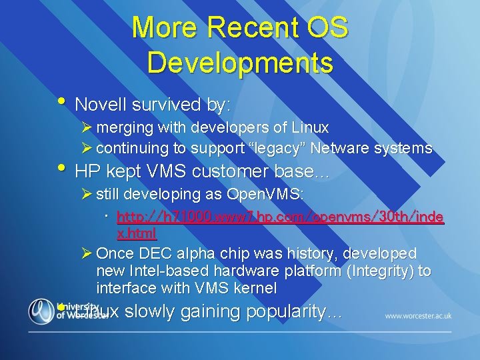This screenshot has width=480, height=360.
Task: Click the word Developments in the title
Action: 240,62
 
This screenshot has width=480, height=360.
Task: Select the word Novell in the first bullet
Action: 101,105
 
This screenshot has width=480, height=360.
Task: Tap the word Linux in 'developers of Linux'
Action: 309,127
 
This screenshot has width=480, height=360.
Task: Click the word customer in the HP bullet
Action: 225,171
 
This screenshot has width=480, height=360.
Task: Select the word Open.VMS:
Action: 265,195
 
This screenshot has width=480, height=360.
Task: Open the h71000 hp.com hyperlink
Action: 280,217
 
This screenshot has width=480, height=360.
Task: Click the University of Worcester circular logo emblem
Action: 41,311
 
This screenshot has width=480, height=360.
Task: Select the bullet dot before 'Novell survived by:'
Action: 61,101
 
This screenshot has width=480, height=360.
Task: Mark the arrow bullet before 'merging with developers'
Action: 85,127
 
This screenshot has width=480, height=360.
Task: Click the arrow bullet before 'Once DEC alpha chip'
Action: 85,253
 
